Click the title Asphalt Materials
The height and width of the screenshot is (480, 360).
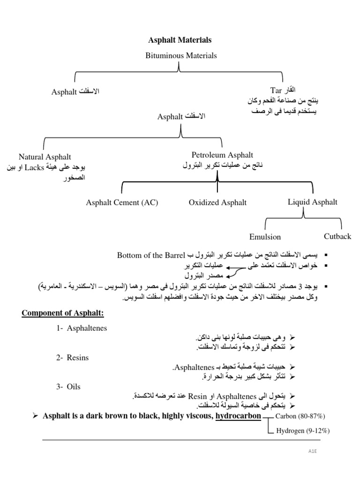point(180,40)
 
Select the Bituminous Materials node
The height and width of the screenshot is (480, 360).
point(181,55)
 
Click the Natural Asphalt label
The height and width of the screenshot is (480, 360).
point(45,157)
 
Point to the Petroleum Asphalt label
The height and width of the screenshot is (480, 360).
point(222,155)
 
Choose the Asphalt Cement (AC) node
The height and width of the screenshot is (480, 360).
point(122,202)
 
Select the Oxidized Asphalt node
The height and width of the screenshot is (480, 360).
point(217,202)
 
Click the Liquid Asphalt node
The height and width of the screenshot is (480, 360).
point(313,202)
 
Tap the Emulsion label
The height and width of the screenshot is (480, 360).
point(265,237)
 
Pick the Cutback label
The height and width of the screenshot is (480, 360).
point(337,236)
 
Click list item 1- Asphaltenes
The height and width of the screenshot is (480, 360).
point(82,328)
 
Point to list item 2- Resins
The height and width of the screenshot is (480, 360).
point(72,358)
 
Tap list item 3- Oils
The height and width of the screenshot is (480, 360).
point(68,387)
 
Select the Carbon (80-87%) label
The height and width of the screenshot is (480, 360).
point(300,416)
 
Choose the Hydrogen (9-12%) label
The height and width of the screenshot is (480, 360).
point(303,431)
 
